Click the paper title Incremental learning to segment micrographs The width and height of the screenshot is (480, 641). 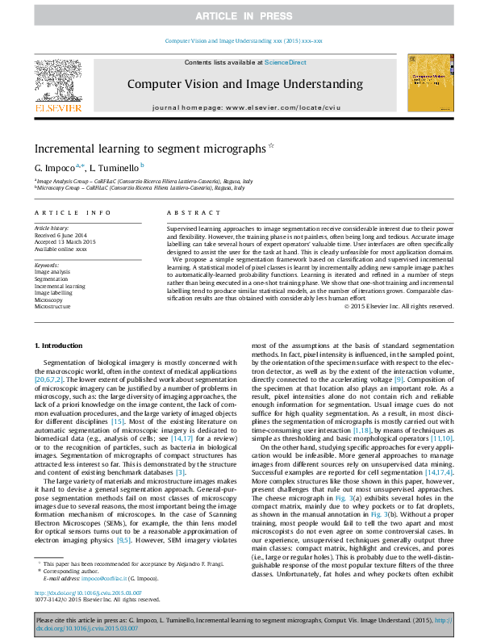pos(150,149)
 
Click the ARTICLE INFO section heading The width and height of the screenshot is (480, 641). pos(73,212)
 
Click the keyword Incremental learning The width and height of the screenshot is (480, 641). pos(60,286)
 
